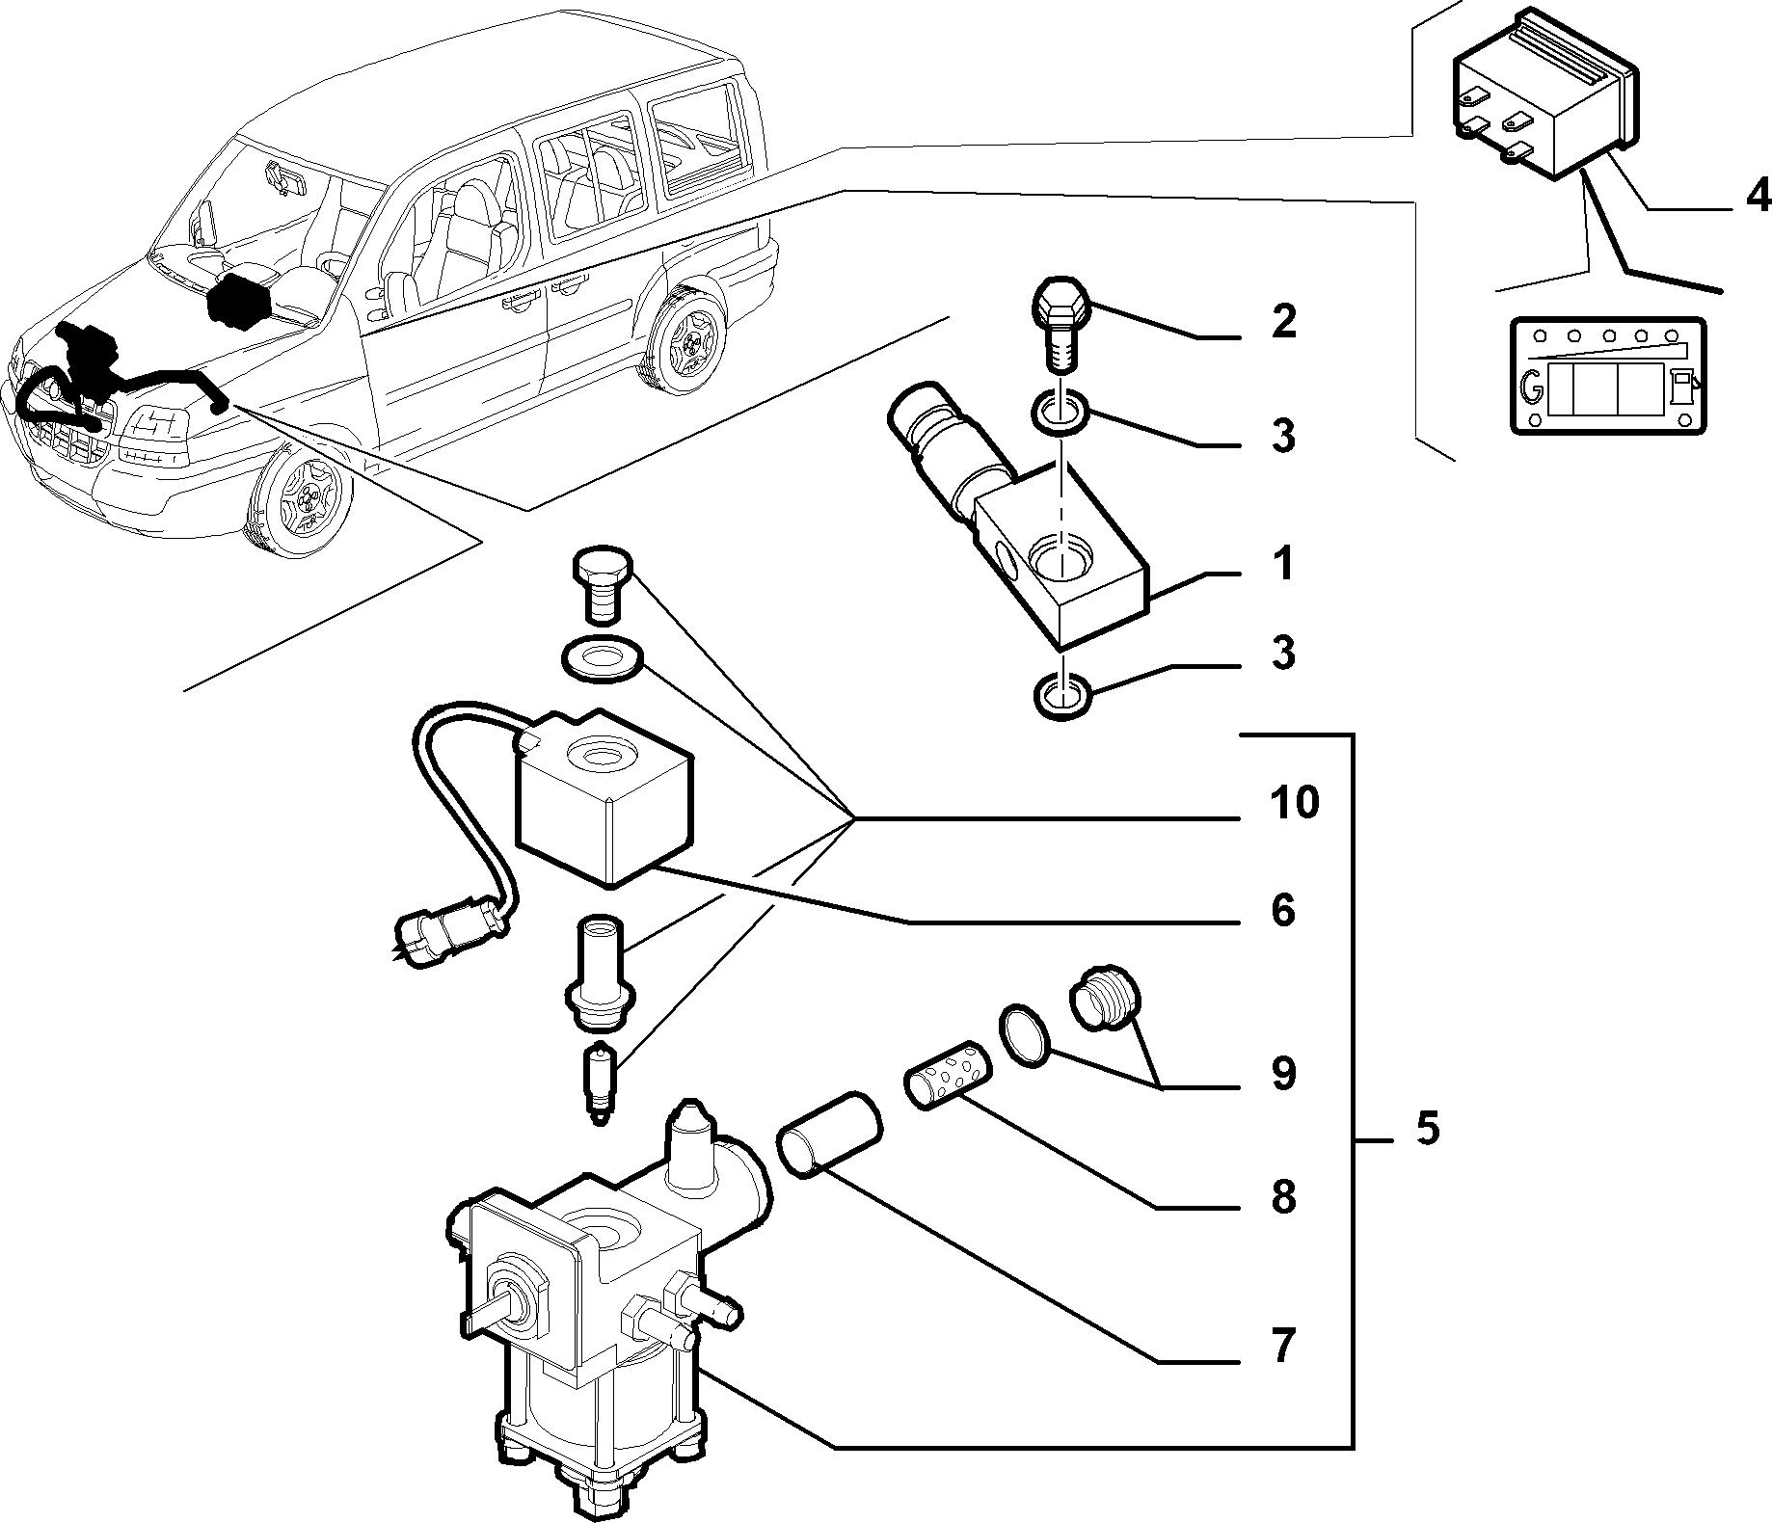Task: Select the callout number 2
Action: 1282,321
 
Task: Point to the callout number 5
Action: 1427,1127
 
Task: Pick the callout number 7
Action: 1281,1345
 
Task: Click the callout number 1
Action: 1281,564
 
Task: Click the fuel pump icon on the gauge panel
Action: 1682,388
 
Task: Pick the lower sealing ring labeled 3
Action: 1061,696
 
